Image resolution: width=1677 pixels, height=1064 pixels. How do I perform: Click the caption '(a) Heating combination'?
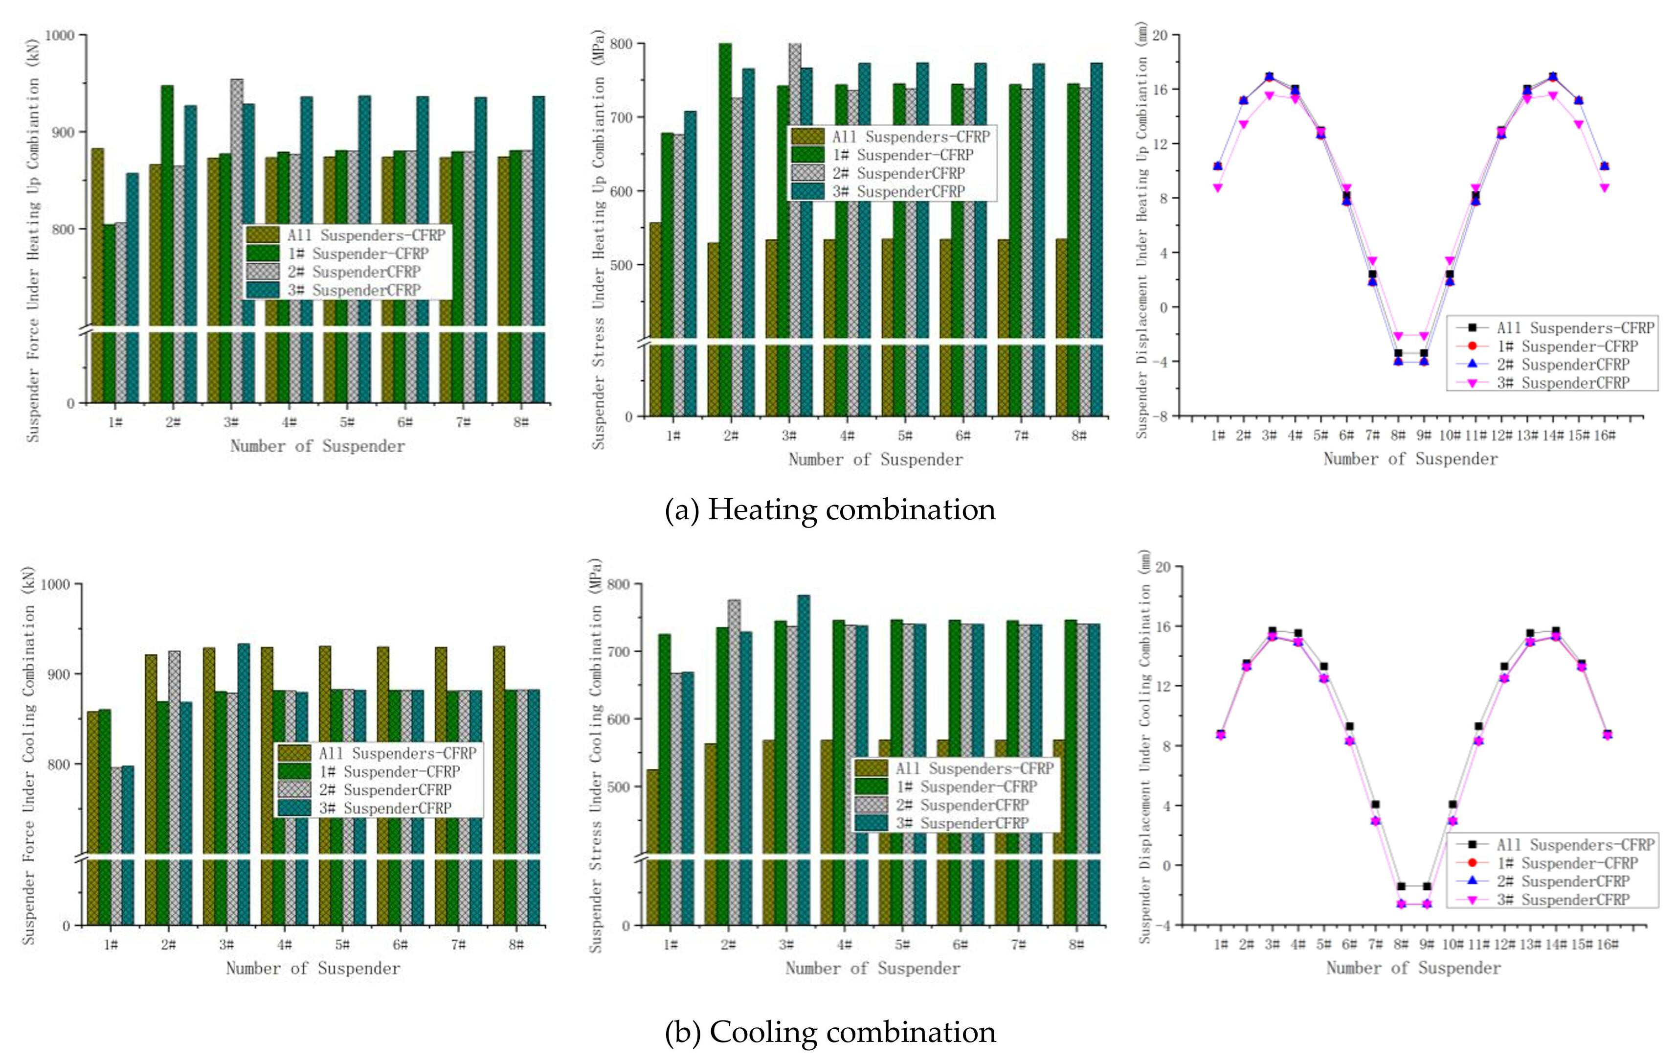click(830, 510)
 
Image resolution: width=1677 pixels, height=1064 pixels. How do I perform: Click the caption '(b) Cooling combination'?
click(830, 1032)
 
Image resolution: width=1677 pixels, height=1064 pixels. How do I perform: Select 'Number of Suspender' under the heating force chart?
click(317, 446)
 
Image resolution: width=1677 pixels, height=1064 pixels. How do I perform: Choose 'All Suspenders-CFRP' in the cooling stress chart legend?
click(974, 768)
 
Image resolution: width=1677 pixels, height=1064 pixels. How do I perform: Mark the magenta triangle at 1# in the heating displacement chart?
click(1217, 187)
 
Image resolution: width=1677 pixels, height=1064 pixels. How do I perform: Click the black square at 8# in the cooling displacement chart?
click(1401, 886)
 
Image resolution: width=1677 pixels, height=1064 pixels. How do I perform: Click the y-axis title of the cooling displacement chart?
click(1145, 745)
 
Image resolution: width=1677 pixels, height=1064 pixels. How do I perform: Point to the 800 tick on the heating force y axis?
click(63, 229)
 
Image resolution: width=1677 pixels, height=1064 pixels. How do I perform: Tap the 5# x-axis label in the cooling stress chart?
click(902, 945)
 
